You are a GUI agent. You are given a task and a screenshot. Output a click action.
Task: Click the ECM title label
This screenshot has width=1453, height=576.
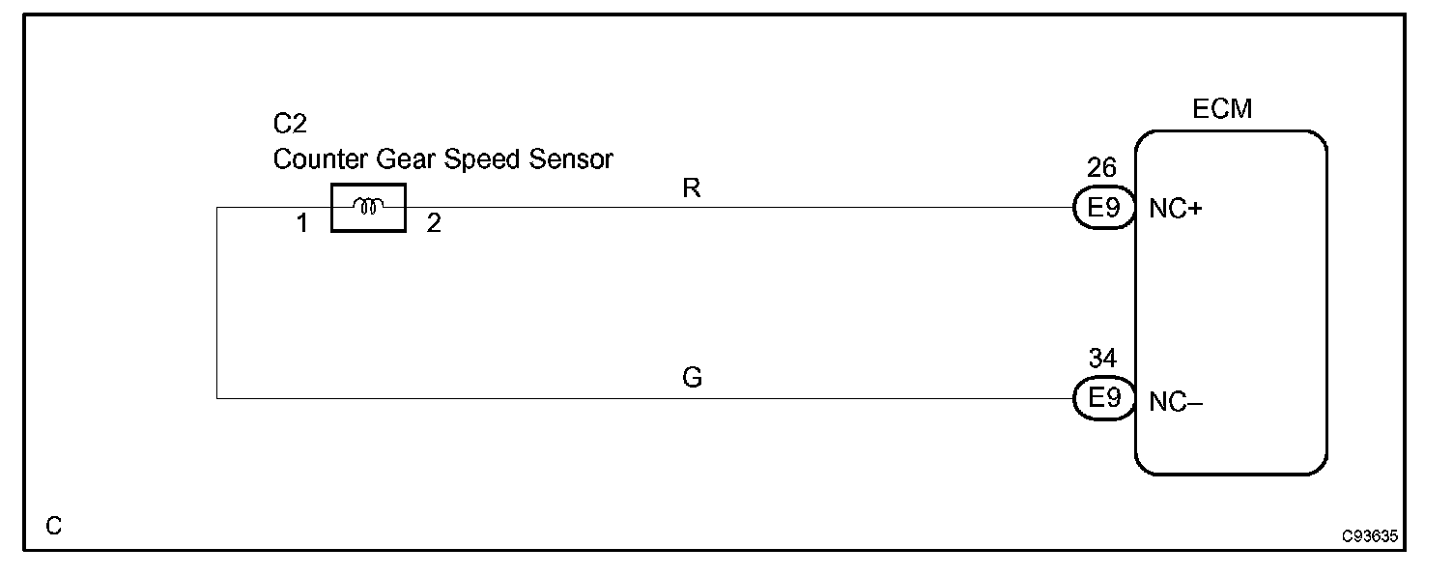point(1222,109)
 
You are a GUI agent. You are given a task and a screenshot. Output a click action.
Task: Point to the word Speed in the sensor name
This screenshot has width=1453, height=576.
point(479,158)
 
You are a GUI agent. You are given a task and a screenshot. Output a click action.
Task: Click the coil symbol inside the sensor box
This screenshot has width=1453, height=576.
point(369,206)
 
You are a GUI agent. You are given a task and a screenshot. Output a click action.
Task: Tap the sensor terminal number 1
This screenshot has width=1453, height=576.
point(302,224)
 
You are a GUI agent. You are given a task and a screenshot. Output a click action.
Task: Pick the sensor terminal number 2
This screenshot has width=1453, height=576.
point(434,224)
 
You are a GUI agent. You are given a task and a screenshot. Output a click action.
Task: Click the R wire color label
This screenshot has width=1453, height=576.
point(691,188)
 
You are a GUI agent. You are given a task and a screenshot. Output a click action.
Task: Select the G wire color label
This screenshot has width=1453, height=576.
point(692,378)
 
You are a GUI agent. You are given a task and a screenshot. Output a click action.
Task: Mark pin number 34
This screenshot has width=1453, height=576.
point(1102,359)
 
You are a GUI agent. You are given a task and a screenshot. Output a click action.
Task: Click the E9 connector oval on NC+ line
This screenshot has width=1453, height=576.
point(1102,208)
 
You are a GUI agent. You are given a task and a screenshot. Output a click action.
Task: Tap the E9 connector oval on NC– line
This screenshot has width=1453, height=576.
point(1102,398)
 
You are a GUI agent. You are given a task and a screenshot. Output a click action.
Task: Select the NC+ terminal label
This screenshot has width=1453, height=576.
point(1175,209)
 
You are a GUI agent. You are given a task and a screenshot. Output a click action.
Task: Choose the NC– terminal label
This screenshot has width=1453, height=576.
point(1175,402)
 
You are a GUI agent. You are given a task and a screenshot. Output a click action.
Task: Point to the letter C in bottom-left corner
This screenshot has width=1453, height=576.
point(54,527)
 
